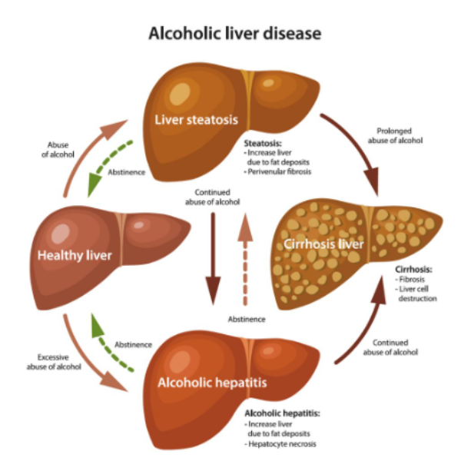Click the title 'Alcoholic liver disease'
click(234, 33)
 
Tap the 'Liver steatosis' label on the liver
click(197, 120)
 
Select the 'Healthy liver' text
click(75, 256)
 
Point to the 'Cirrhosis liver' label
click(323, 244)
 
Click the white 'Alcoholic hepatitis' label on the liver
click(212, 383)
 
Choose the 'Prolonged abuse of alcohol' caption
click(395, 135)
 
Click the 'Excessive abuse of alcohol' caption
click(54, 362)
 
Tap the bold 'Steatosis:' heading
click(263, 143)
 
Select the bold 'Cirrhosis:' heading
click(413, 270)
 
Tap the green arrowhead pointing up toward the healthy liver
click(98, 325)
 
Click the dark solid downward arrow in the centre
click(213, 259)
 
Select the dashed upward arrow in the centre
click(245, 259)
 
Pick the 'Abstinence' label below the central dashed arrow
click(247, 320)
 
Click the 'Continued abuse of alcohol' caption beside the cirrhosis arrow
click(390, 347)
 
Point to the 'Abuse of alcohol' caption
click(58, 150)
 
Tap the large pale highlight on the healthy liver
click(61, 234)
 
